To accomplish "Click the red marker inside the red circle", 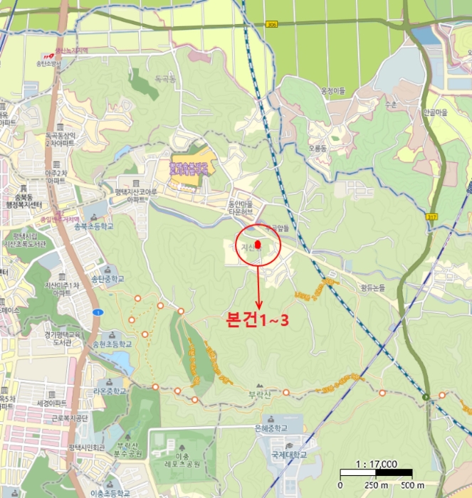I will [x=258, y=245].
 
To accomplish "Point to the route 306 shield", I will [x=271, y=24].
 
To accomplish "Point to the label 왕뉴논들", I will [x=374, y=287].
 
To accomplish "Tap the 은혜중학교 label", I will [x=271, y=429].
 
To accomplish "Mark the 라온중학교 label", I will [x=108, y=391].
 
